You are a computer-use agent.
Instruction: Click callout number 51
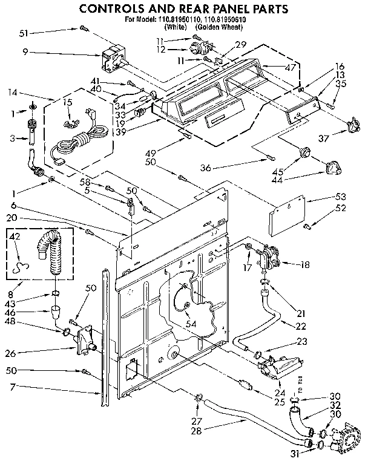click(24, 33)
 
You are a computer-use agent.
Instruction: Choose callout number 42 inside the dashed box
click(16, 237)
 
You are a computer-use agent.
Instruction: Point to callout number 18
click(303, 264)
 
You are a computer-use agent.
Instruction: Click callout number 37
click(324, 138)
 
